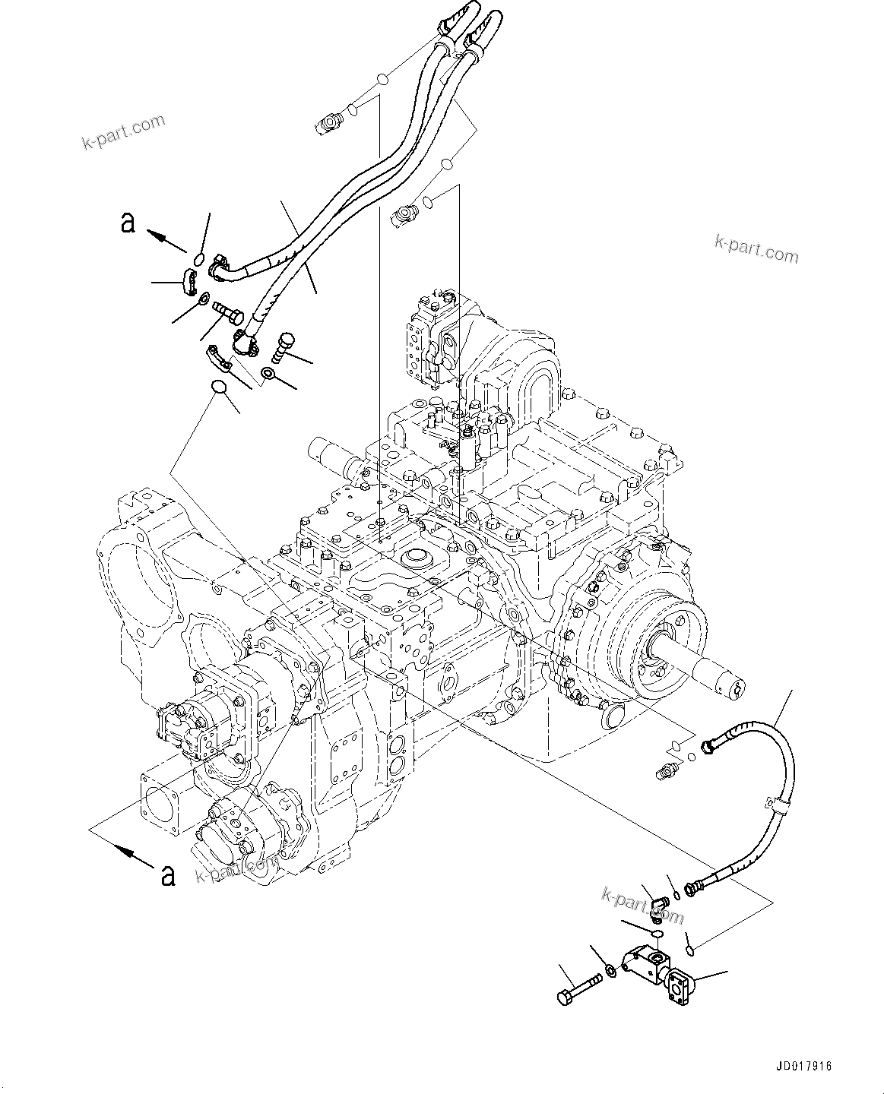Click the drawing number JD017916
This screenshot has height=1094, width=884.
point(805,1066)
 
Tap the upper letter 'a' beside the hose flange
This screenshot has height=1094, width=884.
point(128,223)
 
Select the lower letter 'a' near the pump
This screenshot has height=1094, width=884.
point(168,875)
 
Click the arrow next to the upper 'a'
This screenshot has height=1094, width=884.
point(167,241)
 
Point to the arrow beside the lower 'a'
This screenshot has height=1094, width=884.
point(131,857)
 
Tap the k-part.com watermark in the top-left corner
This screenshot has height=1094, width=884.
point(123,132)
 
